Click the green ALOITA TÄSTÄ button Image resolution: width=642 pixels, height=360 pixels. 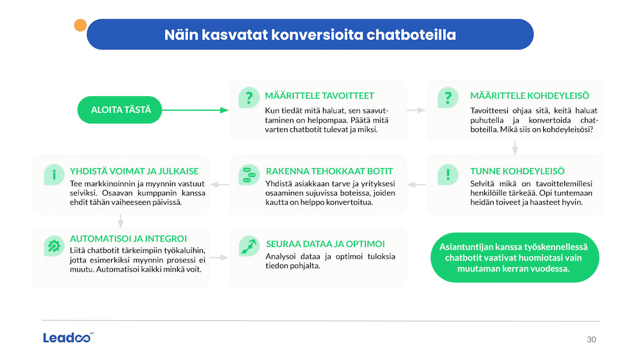(x=119, y=110)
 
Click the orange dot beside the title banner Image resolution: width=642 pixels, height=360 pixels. (x=80, y=26)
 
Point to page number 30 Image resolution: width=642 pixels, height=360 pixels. (x=591, y=339)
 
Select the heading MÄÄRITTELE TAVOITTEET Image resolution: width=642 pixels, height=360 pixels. (x=319, y=96)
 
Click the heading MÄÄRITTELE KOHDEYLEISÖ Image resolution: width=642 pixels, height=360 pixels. (x=530, y=96)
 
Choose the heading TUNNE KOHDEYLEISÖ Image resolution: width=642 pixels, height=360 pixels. (x=517, y=171)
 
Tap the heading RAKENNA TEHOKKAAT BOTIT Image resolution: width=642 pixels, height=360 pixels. (x=329, y=171)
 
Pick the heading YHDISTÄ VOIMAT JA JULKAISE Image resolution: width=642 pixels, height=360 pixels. (x=134, y=171)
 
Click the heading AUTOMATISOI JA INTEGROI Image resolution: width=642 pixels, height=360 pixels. (x=128, y=239)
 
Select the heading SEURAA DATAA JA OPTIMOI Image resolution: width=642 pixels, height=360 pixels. (x=325, y=244)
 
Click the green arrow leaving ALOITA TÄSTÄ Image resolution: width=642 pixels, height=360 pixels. (x=195, y=110)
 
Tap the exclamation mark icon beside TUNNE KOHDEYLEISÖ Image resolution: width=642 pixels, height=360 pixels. (x=447, y=175)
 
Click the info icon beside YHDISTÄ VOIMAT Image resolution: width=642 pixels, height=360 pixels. (x=54, y=175)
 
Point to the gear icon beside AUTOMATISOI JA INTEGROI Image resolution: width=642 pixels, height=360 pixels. (x=54, y=246)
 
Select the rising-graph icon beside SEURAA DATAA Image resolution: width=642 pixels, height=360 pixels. (x=249, y=246)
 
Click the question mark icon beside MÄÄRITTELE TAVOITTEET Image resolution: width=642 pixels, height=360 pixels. (x=249, y=98)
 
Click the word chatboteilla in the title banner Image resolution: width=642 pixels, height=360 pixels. (x=411, y=35)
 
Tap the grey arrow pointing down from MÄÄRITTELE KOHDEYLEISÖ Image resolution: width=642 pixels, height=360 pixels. (x=515, y=148)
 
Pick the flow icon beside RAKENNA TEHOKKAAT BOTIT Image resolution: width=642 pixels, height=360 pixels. (x=249, y=175)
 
